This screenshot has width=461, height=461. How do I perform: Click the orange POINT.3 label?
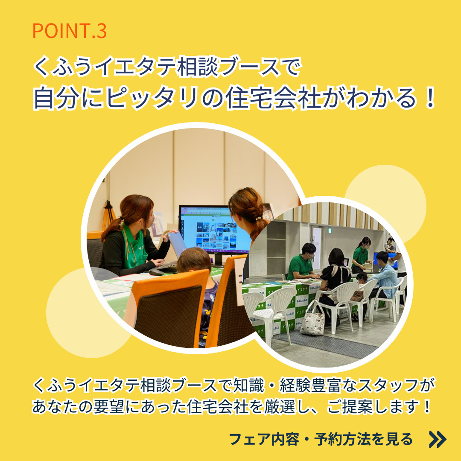(70, 31)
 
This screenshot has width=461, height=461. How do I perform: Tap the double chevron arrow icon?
(438, 439)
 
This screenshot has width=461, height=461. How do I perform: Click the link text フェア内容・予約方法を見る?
(321, 439)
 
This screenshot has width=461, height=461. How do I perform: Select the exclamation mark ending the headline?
(430, 98)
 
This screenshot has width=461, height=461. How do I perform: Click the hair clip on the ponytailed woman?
(258, 219)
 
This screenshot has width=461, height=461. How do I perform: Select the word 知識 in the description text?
(249, 385)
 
